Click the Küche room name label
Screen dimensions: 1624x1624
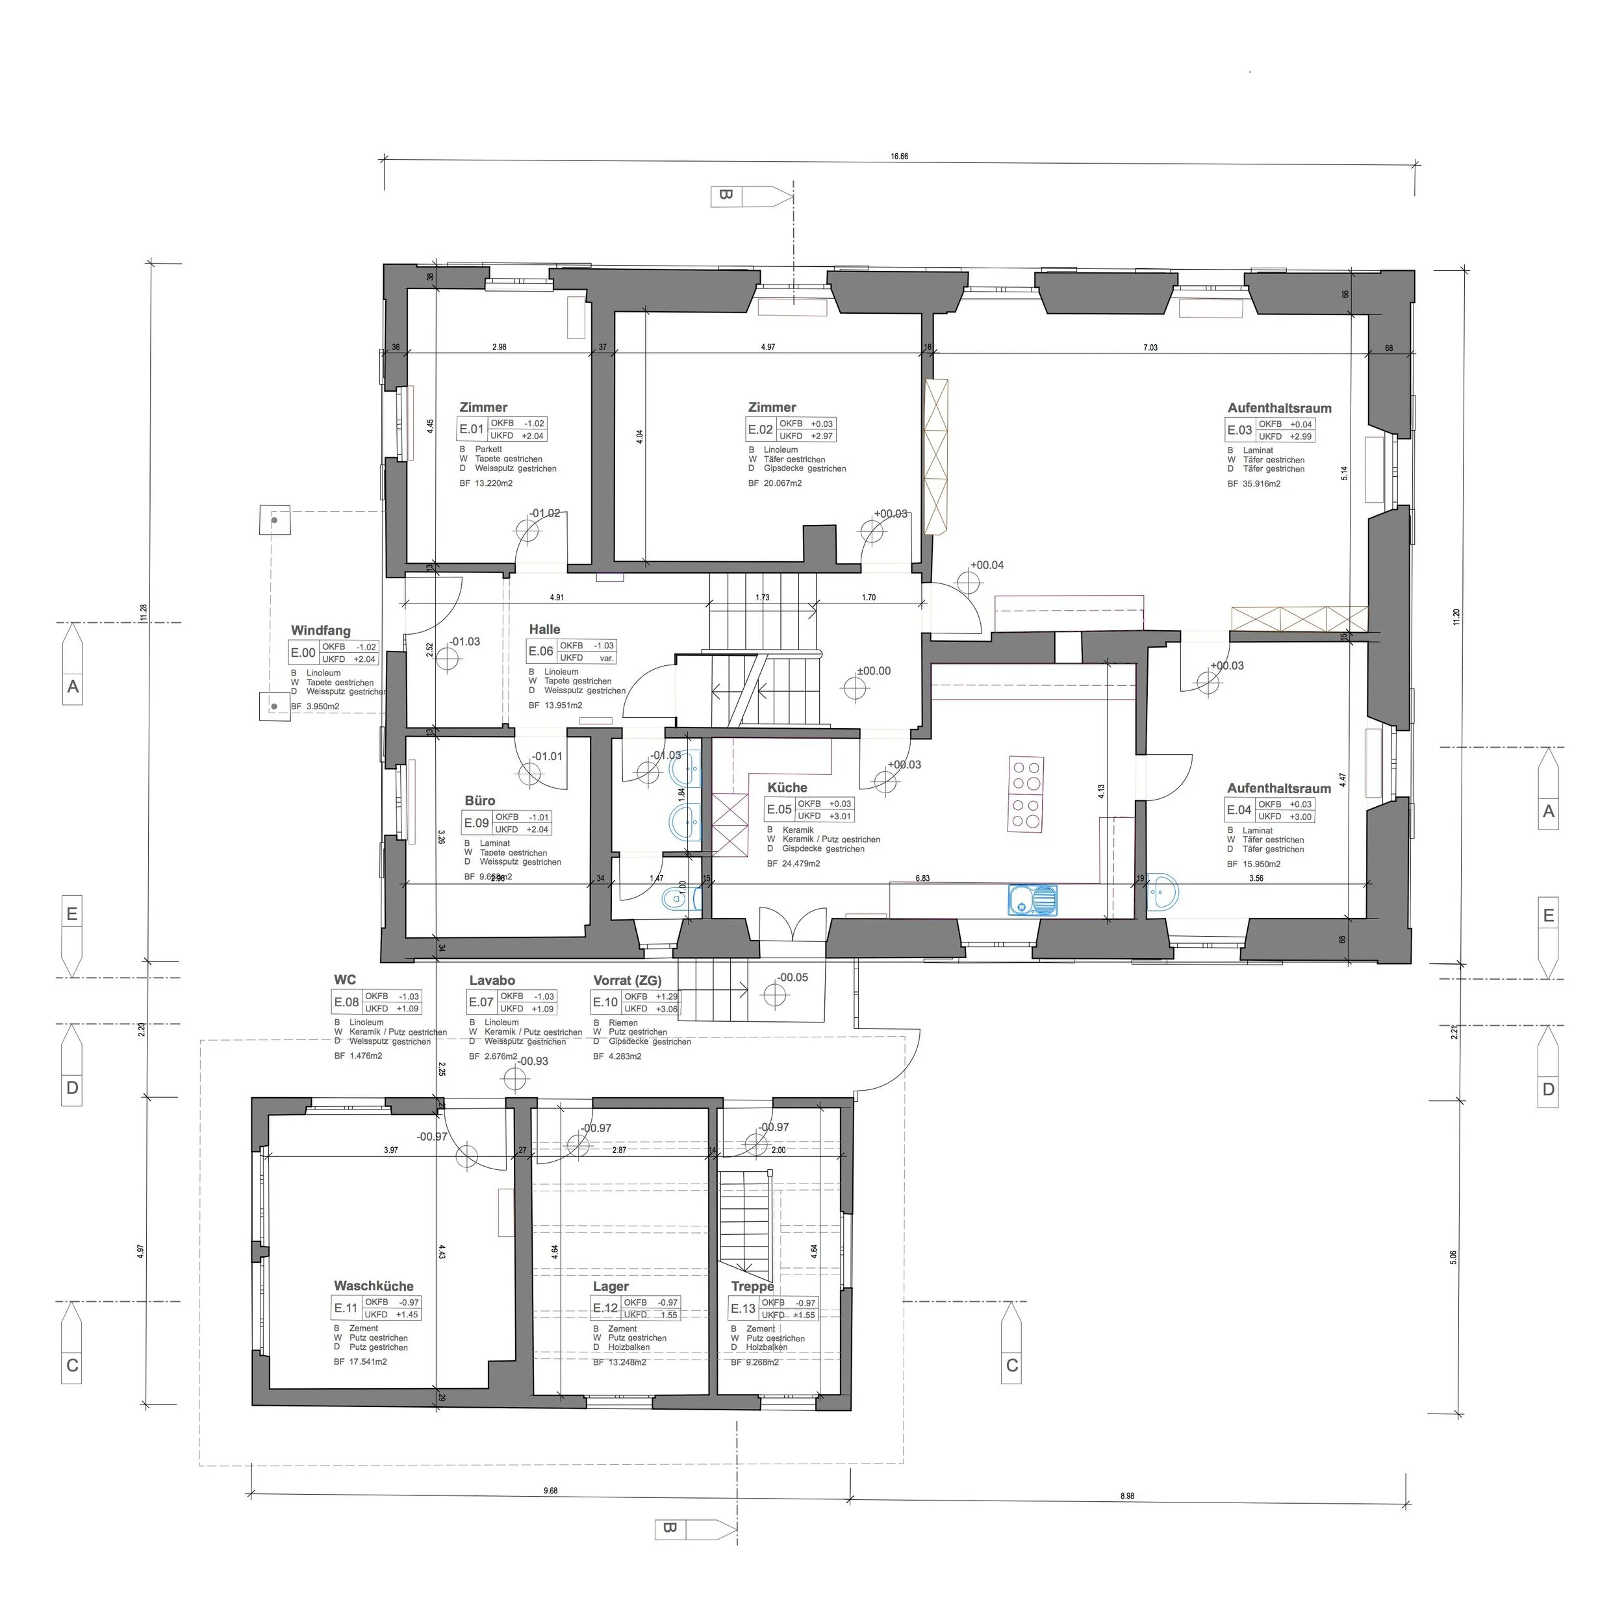(787, 787)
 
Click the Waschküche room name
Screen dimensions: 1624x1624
(374, 1286)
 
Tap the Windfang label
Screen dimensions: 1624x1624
(320, 630)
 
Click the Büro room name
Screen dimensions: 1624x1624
(480, 801)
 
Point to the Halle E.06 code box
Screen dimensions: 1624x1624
(540, 652)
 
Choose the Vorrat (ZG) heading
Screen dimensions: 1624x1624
(627, 980)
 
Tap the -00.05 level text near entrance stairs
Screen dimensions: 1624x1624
(792, 978)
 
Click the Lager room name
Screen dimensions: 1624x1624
(610, 1286)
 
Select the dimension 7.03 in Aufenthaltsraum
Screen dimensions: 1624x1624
(1150, 347)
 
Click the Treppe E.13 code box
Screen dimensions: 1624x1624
(742, 1309)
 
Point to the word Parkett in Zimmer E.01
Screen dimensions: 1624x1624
(488, 450)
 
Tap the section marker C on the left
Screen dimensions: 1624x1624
(72, 1366)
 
